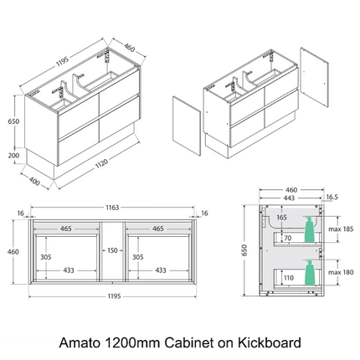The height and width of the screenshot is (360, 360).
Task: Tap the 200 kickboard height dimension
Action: tap(14, 155)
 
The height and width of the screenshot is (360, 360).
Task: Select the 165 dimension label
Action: tap(283, 218)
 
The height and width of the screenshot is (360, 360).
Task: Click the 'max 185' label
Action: tap(341, 229)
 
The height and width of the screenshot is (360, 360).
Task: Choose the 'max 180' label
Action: tap(341, 271)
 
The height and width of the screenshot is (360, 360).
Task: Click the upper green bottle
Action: tap(310, 229)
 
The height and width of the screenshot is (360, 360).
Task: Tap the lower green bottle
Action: tap(309, 271)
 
